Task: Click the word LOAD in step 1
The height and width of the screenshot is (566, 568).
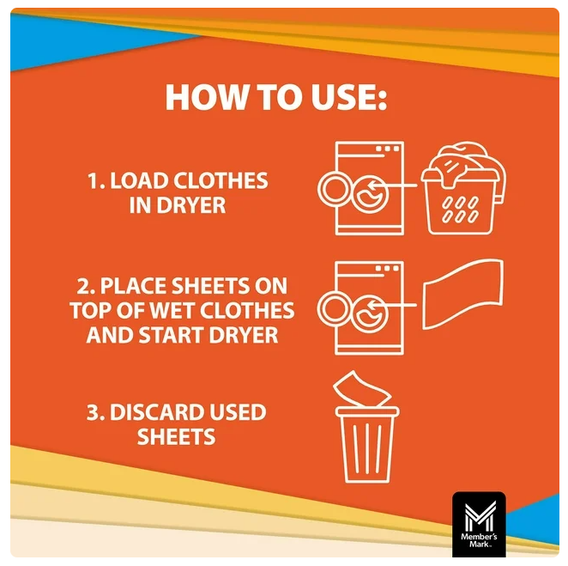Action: [x=138, y=180]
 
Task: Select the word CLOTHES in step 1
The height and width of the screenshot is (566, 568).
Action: [x=221, y=180]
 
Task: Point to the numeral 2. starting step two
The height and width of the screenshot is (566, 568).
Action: [x=86, y=286]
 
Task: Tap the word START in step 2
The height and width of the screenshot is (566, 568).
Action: [x=171, y=336]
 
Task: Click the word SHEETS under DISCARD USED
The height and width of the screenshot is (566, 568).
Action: [x=177, y=436]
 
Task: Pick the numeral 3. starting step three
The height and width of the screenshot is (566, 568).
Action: [x=95, y=412]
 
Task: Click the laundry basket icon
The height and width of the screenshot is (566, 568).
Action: [x=463, y=188]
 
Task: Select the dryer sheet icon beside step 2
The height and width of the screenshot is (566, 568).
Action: [x=463, y=294]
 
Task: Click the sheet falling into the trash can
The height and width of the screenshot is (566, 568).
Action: [x=361, y=389]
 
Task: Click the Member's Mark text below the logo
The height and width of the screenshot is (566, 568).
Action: [x=479, y=540]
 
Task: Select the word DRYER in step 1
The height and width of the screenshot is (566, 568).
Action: [x=191, y=205]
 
